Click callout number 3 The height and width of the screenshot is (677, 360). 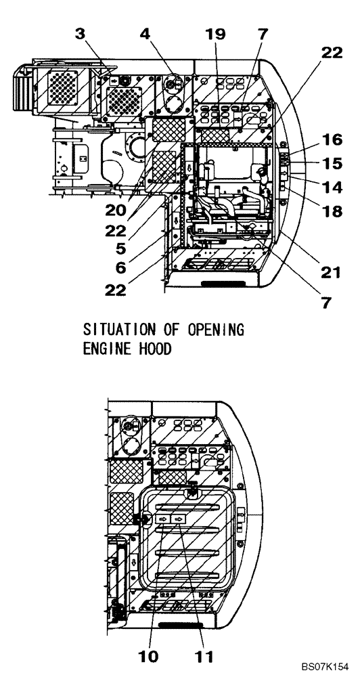[x=81, y=34]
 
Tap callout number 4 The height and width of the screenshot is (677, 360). [x=145, y=34]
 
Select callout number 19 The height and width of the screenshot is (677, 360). [x=215, y=34]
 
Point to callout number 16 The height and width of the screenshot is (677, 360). [x=332, y=139]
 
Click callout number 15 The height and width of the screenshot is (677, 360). [x=332, y=164]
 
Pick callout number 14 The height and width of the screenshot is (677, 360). [x=332, y=188]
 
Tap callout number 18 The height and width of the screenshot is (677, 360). [x=332, y=211]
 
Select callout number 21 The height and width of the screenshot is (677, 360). [x=330, y=272]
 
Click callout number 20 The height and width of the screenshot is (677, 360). [x=116, y=211]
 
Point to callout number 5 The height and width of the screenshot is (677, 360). [x=120, y=249]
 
